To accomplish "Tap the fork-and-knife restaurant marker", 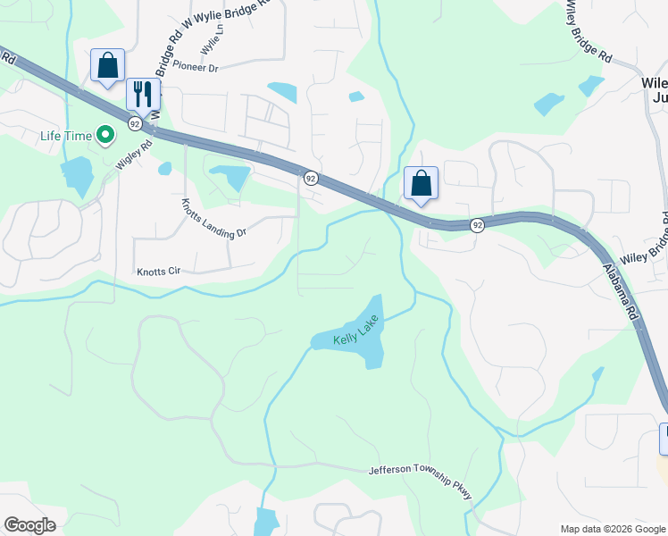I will coord(143,94).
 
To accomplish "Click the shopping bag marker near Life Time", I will coord(107,66).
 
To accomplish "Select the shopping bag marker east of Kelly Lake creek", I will coord(421,184).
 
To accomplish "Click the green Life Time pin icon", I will coord(105,136).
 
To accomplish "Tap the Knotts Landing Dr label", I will coord(213,220).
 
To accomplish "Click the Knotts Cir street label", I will coord(158,271).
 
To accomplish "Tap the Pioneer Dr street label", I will coord(196,67).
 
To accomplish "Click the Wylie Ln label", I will coord(212,40).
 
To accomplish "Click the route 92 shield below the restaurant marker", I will coord(135,122).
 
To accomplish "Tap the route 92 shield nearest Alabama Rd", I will coord(478,225).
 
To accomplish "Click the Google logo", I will coord(29,525).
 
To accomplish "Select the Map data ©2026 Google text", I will coord(613,529).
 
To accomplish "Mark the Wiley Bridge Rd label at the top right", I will coord(588,30).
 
